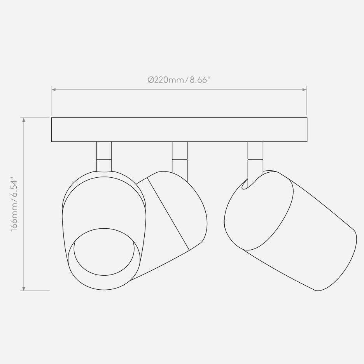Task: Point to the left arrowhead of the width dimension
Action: coord(54,89)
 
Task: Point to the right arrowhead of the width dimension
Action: coord(304,89)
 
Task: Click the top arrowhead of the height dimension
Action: coord(24,120)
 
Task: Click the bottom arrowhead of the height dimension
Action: coord(24,288)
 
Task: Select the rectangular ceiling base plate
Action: coord(179,129)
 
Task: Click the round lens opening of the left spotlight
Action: coord(104,252)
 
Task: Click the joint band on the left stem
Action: coord(104,166)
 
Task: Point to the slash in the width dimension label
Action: coord(187,80)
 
